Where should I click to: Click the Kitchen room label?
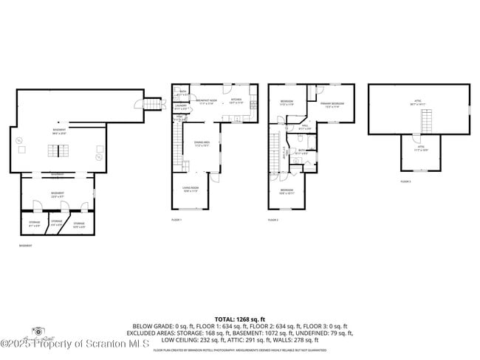[x=236, y=100]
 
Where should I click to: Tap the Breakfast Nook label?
[x=207, y=100]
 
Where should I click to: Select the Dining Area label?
[x=202, y=142]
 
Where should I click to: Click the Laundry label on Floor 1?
[x=179, y=106]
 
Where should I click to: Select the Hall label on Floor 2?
[x=304, y=127]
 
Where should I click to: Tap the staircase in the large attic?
[x=434, y=118]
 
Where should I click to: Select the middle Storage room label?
[x=56, y=222]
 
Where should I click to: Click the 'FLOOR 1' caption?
[x=176, y=220]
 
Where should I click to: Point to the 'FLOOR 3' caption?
[x=405, y=181]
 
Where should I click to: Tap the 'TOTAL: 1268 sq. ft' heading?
[x=239, y=318]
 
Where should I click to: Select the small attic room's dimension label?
[x=420, y=149]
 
